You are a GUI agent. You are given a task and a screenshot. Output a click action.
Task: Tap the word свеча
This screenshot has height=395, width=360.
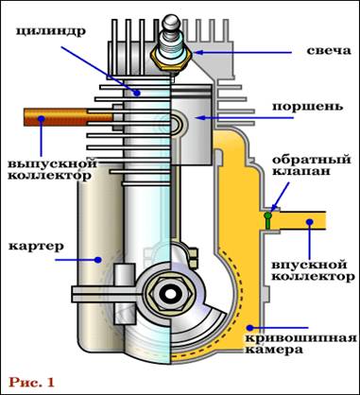coord(329,51)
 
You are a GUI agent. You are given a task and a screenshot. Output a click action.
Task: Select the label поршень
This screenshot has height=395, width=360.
coord(307,107)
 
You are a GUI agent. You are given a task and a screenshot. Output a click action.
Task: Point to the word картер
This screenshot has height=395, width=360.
coord(36,247)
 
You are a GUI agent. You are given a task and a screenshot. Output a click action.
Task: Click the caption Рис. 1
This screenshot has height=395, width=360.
coord(31,382)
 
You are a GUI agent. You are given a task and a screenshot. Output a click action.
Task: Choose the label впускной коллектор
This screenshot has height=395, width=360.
coord(313,270)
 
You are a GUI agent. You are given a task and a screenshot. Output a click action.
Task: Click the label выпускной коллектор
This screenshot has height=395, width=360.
coord(52,169)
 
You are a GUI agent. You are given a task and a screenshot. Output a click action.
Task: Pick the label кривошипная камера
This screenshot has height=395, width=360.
coord(301,344)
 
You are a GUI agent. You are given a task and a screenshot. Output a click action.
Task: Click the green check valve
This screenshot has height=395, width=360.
coord(267,220)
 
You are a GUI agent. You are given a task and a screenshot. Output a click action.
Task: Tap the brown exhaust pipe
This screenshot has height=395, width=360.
coord(68,117)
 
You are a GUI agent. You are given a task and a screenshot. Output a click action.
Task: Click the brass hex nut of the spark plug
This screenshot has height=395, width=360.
coord(172,58)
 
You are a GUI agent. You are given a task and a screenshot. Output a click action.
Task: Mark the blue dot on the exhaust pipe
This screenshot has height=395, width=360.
coord(41,118)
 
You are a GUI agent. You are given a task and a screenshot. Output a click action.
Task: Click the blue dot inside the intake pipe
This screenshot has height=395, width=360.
coord(310,221)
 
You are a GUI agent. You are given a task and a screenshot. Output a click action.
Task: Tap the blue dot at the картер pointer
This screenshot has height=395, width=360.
coord(98,260)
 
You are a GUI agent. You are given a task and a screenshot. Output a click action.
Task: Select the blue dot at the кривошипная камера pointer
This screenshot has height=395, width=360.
coord(249,328)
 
